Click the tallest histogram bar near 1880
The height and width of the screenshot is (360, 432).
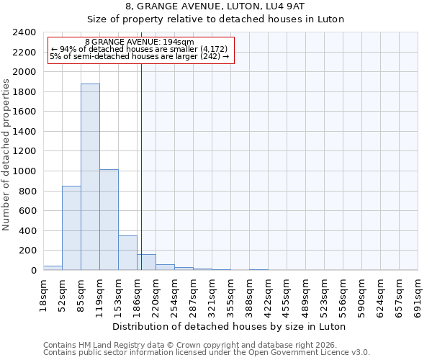pyautogui.click(x=90, y=177)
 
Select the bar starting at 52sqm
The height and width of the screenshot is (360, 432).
pyautogui.click(x=71, y=228)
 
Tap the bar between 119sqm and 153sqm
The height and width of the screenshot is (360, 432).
pyautogui.click(x=109, y=220)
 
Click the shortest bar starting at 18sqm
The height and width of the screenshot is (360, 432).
pyautogui.click(x=53, y=268)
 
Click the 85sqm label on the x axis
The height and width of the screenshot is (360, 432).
pyautogui.click(x=81, y=292)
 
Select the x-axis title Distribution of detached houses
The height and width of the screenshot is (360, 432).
pyautogui.click(x=230, y=327)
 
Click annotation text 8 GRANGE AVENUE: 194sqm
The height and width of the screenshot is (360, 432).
pyautogui.click(x=140, y=42)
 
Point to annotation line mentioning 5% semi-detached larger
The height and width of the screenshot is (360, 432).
pyautogui.click(x=140, y=56)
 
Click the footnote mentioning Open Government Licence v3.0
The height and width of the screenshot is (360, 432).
pyautogui.click(x=207, y=353)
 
